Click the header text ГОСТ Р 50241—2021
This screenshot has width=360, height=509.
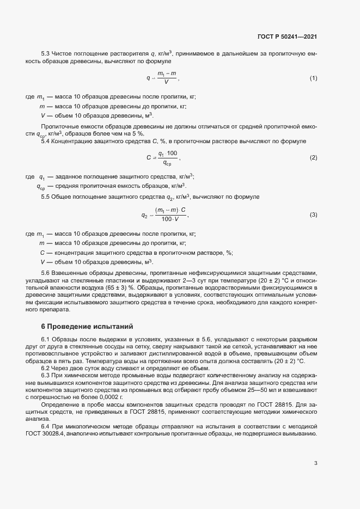[287, 36]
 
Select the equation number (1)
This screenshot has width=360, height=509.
[313, 78]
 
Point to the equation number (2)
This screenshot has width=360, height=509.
[313, 157]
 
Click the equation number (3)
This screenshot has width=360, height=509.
[313, 214]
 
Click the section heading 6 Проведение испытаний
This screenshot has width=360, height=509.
[87, 327]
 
